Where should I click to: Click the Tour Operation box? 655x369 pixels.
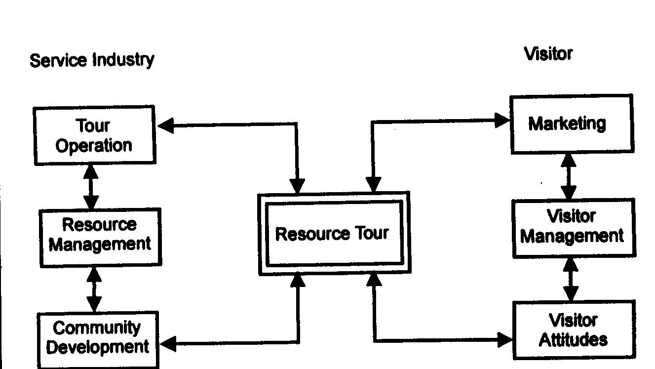(x=94, y=135)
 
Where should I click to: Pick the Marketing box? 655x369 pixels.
(x=571, y=124)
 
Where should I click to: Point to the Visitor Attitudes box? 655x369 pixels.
(x=573, y=330)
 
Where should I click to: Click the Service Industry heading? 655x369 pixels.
(x=92, y=60)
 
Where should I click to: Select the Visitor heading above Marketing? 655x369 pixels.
(x=548, y=53)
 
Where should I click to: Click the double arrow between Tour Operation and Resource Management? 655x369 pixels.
(x=91, y=187)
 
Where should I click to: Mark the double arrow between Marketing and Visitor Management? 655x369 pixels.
(x=569, y=176)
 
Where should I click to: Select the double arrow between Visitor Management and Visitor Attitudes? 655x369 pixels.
(x=571, y=279)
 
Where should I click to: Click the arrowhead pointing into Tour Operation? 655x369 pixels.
(x=165, y=126)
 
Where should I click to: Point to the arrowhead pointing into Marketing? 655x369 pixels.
(x=502, y=121)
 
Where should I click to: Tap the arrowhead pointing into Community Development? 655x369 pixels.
(x=168, y=344)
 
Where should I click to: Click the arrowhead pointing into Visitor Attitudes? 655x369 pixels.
(x=505, y=340)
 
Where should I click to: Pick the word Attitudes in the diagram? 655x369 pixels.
(x=573, y=340)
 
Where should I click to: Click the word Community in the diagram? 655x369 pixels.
(x=96, y=328)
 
